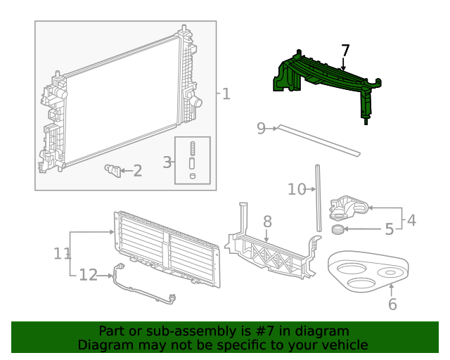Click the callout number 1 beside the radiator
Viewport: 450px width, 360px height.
[226, 94]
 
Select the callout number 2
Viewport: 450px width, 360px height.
[138, 170]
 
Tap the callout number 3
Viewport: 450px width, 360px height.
[167, 162]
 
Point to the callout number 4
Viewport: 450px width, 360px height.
[411, 220]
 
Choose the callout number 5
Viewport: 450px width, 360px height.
[389, 229]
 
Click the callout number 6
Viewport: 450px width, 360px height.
[392, 304]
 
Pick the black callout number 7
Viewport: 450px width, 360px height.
[345, 51]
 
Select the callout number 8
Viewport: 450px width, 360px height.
[267, 222]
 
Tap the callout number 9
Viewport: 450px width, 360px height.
[261, 128]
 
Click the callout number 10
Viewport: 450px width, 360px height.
[297, 188]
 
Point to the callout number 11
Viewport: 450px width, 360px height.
[62, 252]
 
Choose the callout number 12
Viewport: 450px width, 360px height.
[88, 275]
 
